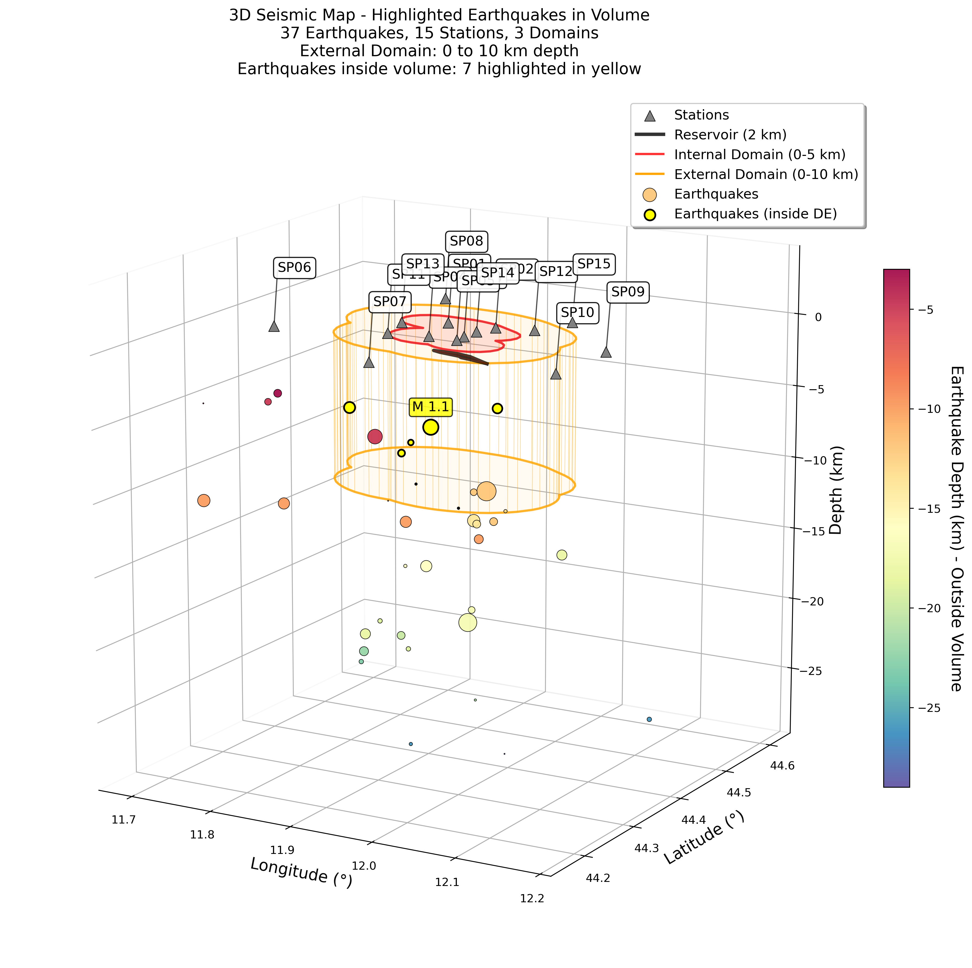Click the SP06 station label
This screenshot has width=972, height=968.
pos(294,267)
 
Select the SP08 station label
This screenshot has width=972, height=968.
pos(466,241)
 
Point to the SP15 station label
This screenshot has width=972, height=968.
pos(594,264)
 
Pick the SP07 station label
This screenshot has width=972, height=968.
pos(390,301)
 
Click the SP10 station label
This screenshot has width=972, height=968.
pos(577,313)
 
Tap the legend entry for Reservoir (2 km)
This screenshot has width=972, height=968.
pos(730,135)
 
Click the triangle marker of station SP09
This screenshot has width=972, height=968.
pos(606,352)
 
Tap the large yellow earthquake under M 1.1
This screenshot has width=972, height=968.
pos(431,427)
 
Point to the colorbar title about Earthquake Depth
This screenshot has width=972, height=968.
pos(956,529)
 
